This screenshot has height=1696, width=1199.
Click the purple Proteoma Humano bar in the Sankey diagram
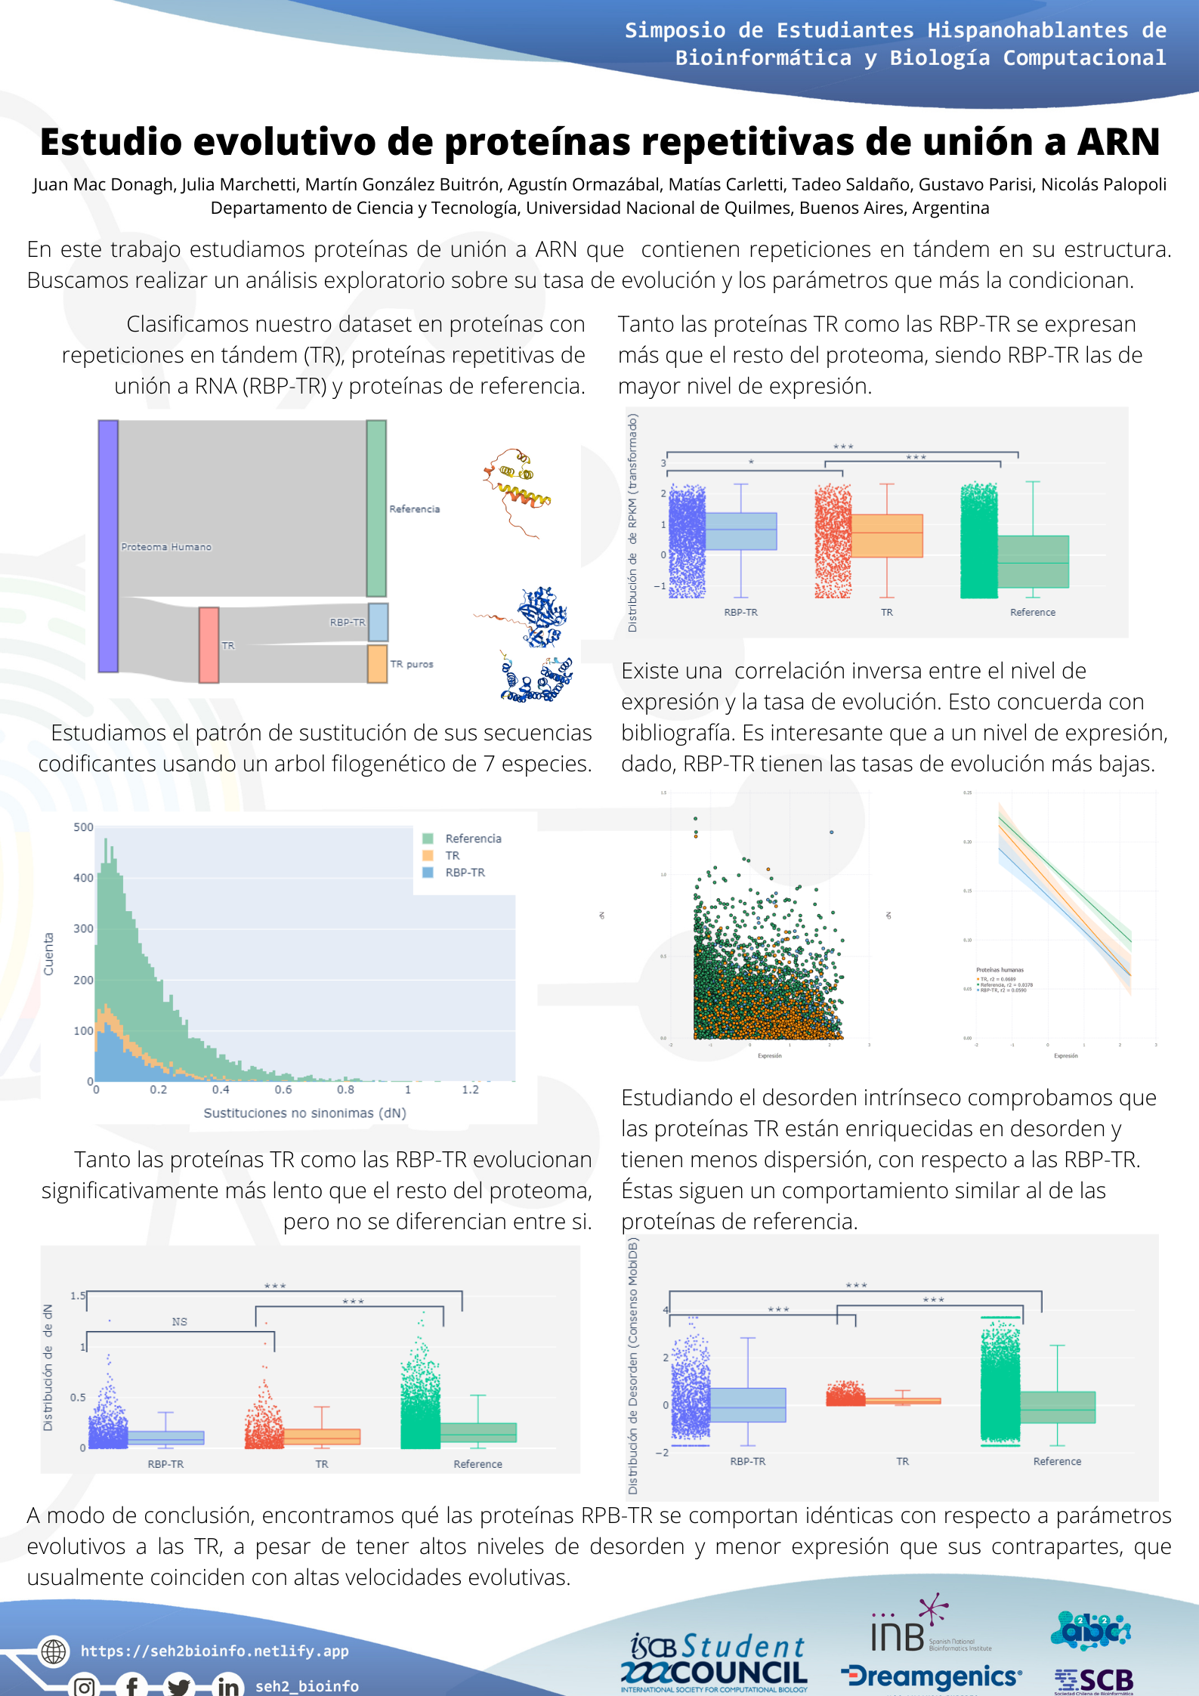(x=108, y=545)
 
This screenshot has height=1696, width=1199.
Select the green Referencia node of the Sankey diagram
(x=376, y=508)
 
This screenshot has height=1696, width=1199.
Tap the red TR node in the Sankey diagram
(x=209, y=644)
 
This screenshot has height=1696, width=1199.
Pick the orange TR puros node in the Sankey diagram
(x=377, y=663)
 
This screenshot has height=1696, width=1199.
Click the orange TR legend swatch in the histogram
(x=428, y=855)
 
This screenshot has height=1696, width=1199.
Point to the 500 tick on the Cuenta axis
(x=83, y=827)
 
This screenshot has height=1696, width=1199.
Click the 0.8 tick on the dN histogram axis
(x=345, y=1089)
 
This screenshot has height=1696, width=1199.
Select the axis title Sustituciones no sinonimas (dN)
(x=304, y=1113)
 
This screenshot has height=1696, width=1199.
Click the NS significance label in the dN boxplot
(x=179, y=1321)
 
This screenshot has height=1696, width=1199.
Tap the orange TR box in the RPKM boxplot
(x=887, y=536)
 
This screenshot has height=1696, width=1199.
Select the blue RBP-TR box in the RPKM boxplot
(x=741, y=531)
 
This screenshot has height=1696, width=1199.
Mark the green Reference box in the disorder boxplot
(x=1058, y=1407)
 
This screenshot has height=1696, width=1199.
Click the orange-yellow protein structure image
(x=517, y=491)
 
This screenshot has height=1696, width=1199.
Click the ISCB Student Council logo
(x=714, y=1662)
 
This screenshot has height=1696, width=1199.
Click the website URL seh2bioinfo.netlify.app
(x=215, y=1651)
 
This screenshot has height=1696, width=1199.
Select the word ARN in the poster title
(x=1118, y=142)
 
